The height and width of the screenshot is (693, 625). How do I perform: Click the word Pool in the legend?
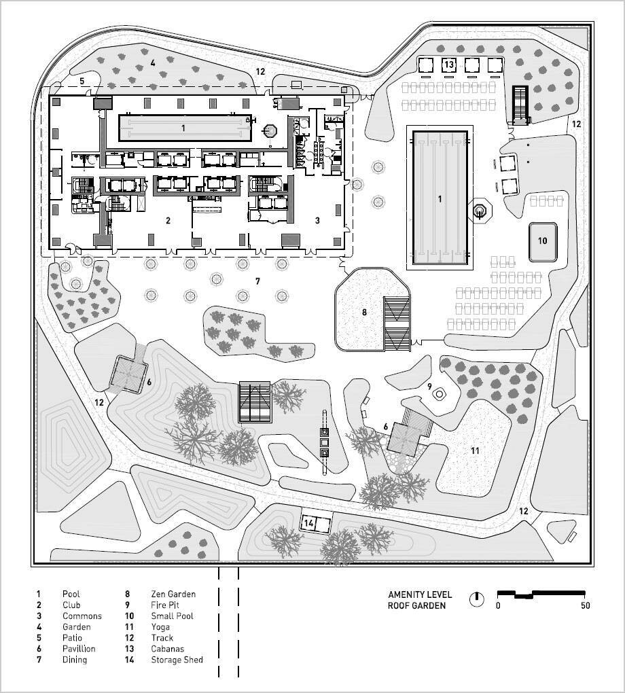(x=71, y=594)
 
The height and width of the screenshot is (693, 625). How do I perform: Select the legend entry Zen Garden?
(x=173, y=594)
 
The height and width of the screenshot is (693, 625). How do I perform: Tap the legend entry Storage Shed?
(x=177, y=660)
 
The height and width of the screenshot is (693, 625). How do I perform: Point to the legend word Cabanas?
(x=168, y=649)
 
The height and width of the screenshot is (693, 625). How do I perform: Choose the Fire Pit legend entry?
(x=165, y=605)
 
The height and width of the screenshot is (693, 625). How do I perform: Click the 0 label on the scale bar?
(x=498, y=606)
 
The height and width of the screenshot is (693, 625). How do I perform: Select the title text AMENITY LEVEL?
(x=419, y=594)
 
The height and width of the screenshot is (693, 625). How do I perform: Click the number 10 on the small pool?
(x=542, y=241)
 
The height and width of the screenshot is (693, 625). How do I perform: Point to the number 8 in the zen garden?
(x=364, y=313)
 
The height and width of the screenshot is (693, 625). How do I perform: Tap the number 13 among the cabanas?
(x=448, y=65)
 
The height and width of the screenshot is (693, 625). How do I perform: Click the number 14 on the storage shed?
(x=309, y=523)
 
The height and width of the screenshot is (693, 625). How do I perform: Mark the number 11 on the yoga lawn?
(x=475, y=450)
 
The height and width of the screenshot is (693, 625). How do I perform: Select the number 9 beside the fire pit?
(x=429, y=386)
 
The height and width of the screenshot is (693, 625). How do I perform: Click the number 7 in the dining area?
(x=257, y=281)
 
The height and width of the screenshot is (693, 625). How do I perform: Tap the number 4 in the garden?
(x=154, y=63)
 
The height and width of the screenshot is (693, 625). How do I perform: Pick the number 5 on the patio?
(x=82, y=81)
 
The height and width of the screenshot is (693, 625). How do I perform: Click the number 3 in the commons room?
(x=317, y=221)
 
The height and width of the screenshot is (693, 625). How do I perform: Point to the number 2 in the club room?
(x=168, y=221)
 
